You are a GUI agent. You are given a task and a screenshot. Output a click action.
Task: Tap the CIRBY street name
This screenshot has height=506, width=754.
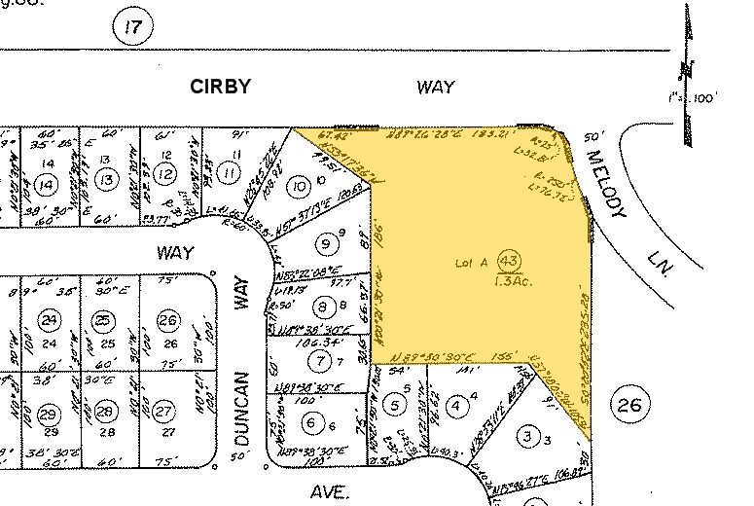[x=219, y=87]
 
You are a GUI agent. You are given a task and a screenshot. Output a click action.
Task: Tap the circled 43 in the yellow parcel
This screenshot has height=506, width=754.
[x=507, y=261]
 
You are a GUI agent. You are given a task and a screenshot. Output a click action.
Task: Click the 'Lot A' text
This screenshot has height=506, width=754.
[x=471, y=263]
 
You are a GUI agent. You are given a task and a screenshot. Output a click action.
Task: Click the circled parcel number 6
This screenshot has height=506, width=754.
[x=311, y=423]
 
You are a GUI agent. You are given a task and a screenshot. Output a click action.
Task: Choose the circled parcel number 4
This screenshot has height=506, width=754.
[x=457, y=405]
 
